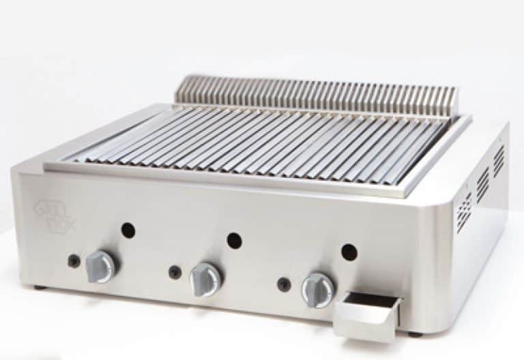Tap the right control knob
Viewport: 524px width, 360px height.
coord(318,289)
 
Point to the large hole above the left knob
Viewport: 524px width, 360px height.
coord(128,230)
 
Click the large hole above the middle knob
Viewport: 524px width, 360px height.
coord(234,240)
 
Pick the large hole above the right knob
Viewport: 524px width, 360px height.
coord(349,252)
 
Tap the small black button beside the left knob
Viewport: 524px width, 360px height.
coord(73,260)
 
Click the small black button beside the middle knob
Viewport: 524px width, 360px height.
coord(175,271)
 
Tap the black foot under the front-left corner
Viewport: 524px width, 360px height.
coord(40,287)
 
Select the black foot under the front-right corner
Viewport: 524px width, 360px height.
coord(414,333)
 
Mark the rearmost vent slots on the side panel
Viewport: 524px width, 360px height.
coord(499,160)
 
